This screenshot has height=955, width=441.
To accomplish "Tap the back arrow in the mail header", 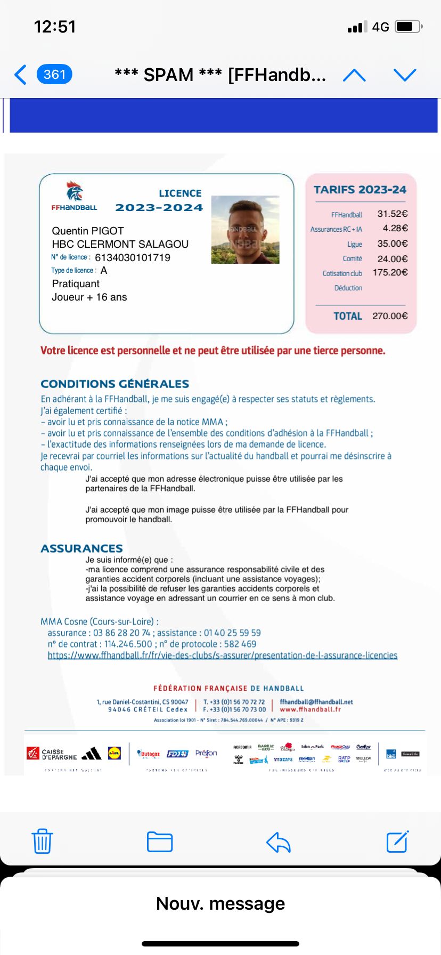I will [x=20, y=75].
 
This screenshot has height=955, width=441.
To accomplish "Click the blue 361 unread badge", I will [x=54, y=75].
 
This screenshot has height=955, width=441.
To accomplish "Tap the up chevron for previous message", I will [x=354, y=75].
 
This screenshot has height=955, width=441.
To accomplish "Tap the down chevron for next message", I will [x=404, y=75].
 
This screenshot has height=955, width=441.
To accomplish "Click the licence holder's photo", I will [x=245, y=230].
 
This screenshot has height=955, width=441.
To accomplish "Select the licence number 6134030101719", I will [x=133, y=258].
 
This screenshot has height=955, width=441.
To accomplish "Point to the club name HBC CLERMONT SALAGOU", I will [x=120, y=244].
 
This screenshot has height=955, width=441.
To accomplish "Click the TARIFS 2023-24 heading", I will [x=360, y=190].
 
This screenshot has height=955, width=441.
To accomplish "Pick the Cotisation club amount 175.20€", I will [x=390, y=273].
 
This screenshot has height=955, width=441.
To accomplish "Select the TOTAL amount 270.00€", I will [x=390, y=316].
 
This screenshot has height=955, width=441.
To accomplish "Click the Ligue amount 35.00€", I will [x=393, y=244].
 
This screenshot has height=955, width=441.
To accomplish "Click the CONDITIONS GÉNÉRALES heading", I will [x=115, y=384].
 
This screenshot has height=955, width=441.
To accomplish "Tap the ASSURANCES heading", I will [x=81, y=548].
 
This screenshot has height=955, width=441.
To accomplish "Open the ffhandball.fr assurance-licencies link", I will [x=222, y=655].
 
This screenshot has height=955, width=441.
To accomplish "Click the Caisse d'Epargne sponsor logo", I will [x=52, y=754].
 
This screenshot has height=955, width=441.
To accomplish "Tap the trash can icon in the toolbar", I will [x=42, y=841].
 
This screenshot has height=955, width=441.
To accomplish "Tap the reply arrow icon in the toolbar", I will [x=278, y=842].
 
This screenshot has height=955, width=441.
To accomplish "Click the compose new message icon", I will [x=397, y=841].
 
